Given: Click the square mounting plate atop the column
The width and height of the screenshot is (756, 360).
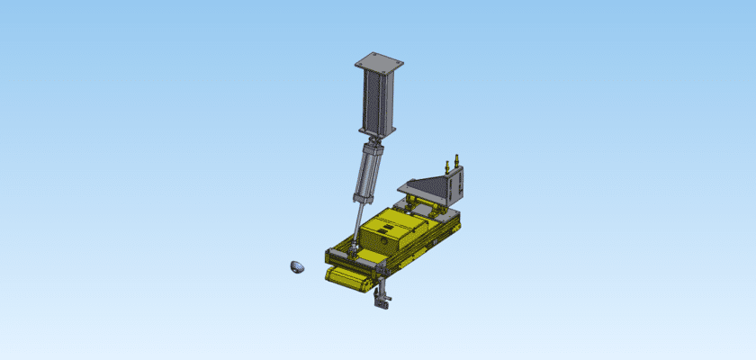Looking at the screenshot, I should coord(379,63).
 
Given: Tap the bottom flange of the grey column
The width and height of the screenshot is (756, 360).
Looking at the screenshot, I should coord(379,132).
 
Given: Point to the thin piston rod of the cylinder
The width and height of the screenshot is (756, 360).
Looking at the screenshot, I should coord(359,220).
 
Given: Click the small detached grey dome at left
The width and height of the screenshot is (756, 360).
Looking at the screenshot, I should coord(297,266).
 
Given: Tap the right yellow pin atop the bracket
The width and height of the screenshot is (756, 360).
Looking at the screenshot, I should coord(456,158).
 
